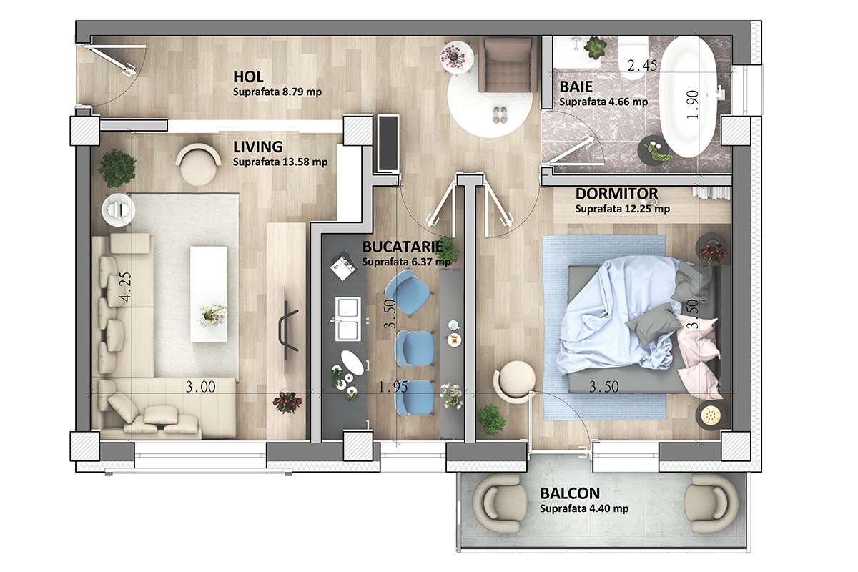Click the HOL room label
[249, 77]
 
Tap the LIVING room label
[258, 147]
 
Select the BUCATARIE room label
[401, 247]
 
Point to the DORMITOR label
[616, 194]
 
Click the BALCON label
[570, 494]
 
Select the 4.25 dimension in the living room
[126, 287]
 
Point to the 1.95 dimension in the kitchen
[394, 388]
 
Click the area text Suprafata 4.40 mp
[584, 509]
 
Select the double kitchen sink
[348, 319]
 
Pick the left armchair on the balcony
[500, 502]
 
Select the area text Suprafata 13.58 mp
[280, 162]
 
